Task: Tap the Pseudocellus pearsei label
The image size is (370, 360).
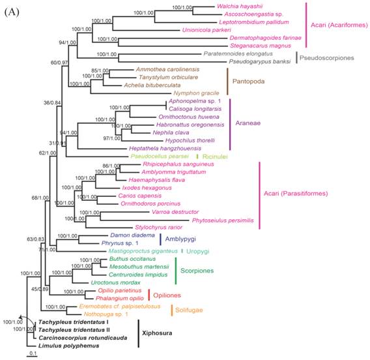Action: (x=160, y=157)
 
